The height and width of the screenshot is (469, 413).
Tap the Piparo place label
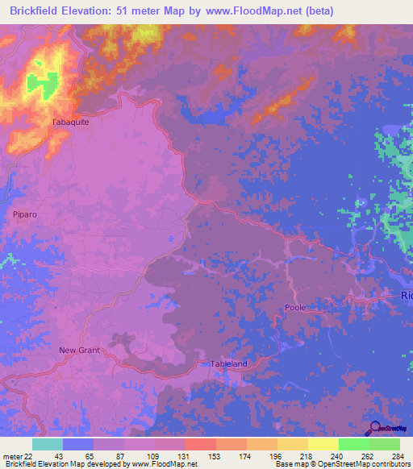26,214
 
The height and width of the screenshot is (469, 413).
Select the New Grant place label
77,350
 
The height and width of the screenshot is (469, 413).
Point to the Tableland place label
229,363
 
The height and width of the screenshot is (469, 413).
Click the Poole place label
295,308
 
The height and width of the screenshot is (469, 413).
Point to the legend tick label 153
215,456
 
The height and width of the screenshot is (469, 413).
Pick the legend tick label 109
154,456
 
